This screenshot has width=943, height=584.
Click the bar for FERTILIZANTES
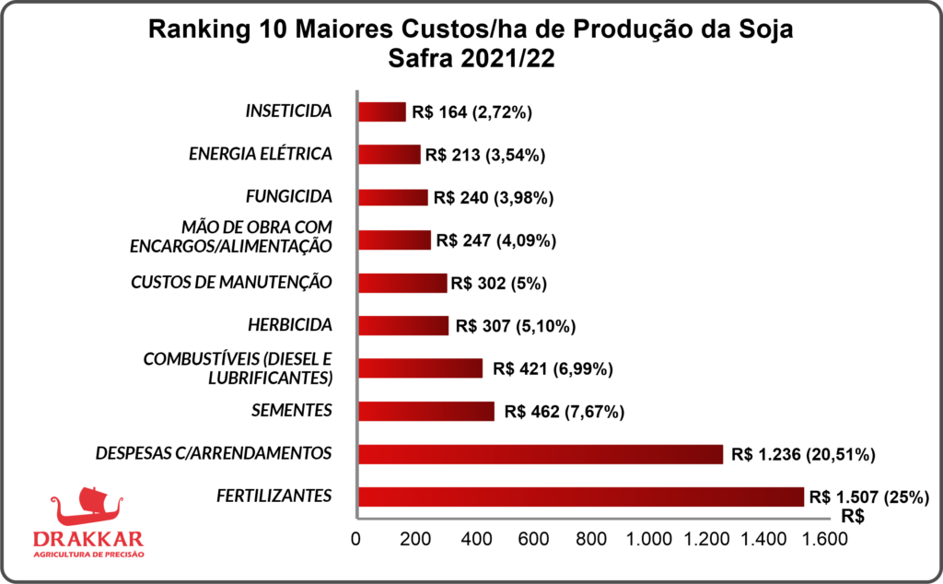tap(580, 496)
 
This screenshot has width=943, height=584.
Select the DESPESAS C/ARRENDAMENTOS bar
tap(540, 454)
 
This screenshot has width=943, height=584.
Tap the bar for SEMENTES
tap(425, 411)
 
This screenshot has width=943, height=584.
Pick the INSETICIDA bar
tap(381, 112)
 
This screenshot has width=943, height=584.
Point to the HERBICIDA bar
tap(402, 325)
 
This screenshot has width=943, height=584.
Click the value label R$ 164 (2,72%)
tap(472, 112)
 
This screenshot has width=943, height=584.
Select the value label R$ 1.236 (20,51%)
tap(803, 454)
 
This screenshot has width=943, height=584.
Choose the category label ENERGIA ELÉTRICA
tap(260, 154)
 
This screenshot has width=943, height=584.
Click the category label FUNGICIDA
tap(289, 196)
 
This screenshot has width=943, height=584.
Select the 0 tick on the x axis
tap(355, 539)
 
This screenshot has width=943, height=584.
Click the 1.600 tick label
tap(823, 539)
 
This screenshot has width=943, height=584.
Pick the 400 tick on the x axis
tap(475, 539)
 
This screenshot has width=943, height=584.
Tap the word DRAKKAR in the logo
tap(88, 539)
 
